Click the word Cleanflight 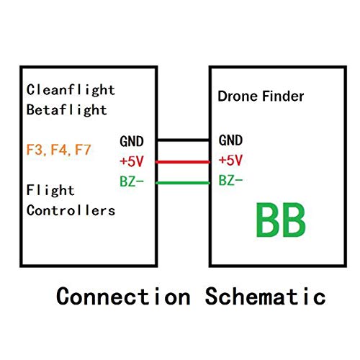click(x=71, y=91)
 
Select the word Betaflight click(x=67, y=110)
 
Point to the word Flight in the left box click(x=51, y=191)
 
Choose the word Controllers click(x=71, y=210)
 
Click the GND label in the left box click(x=132, y=141)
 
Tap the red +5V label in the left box click(x=132, y=161)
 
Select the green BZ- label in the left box click(x=131, y=182)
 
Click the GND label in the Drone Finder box click(x=230, y=140)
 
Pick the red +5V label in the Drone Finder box click(x=230, y=161)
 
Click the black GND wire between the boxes click(x=183, y=140)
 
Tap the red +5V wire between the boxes click(x=183, y=161)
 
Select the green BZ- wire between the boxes click(x=183, y=182)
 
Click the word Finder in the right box click(x=279, y=97)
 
